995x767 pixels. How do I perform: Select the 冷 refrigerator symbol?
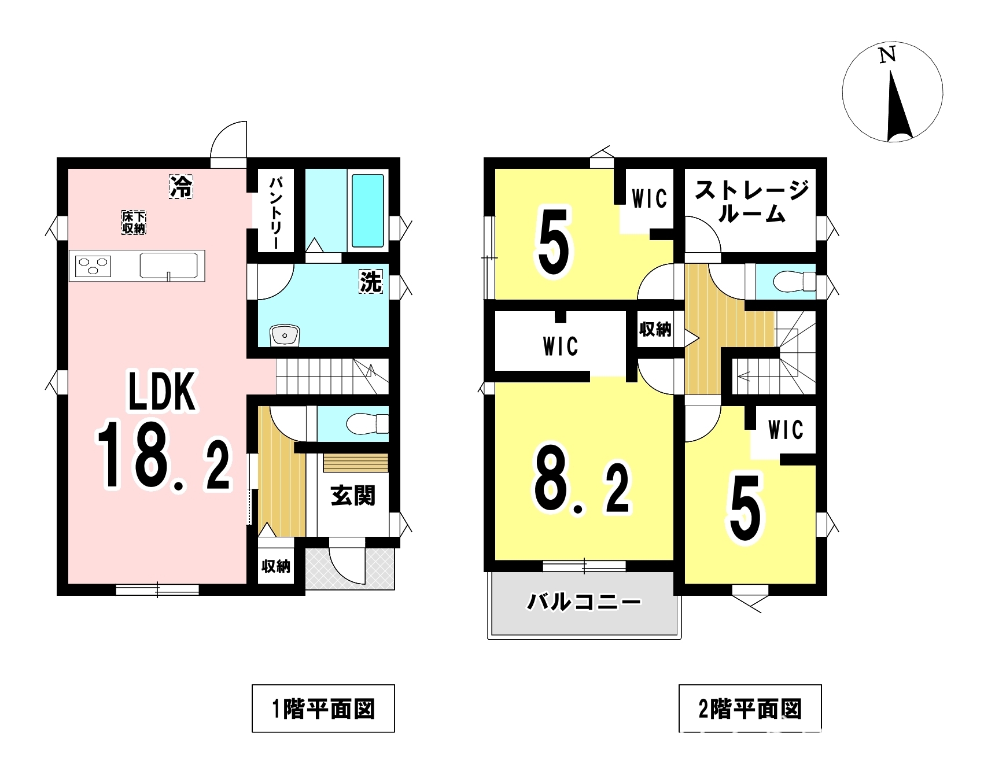point(180,186)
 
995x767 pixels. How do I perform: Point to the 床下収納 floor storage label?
point(134,223)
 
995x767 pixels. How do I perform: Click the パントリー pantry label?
point(275,212)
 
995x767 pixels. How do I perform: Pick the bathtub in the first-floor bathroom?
point(368,211)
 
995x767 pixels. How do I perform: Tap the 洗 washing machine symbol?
point(371,282)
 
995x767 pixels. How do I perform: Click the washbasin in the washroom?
point(284,335)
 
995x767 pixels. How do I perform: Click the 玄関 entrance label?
point(353,496)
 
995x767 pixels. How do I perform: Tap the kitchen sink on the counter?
point(168,266)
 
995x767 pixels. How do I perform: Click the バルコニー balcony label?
point(584,603)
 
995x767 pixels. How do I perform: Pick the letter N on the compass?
point(887,55)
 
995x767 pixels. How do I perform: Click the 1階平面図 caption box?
point(323,709)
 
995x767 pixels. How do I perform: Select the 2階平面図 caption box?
point(750,709)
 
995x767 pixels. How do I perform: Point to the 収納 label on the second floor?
point(655,330)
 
